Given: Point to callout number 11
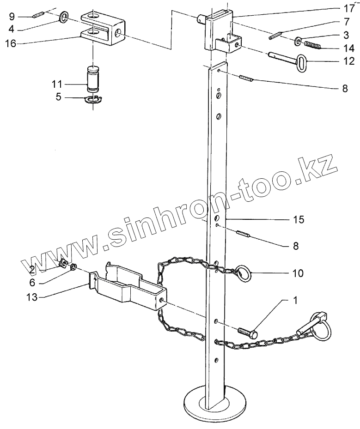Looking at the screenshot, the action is click(x=57, y=84).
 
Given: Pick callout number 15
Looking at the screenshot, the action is click(x=299, y=220).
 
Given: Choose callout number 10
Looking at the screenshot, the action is click(x=298, y=273).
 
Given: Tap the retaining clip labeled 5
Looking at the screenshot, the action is click(x=94, y=99).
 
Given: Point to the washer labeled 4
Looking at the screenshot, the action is click(x=64, y=18).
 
